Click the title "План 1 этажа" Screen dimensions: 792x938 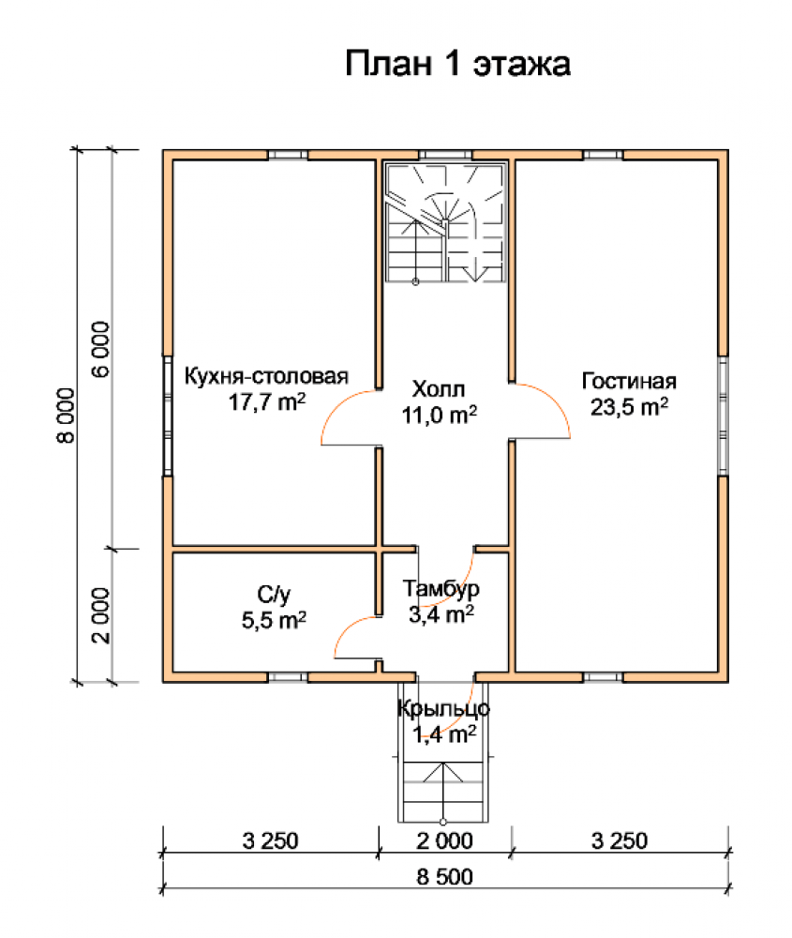[x=458, y=64]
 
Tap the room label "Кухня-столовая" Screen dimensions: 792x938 [x=266, y=376]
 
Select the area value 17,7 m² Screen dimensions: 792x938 [x=266, y=401]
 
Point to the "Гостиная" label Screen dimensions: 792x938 [x=629, y=381]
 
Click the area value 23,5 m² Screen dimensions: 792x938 [x=629, y=407]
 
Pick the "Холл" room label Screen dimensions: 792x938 [x=438, y=389]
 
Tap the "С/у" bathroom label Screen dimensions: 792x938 [x=274, y=595]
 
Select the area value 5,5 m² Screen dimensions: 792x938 [x=274, y=620]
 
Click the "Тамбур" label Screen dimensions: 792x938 [x=441, y=589]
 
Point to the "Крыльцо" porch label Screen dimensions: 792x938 [x=443, y=708]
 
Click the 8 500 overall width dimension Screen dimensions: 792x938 [x=444, y=877]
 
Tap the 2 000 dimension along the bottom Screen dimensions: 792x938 [x=444, y=840]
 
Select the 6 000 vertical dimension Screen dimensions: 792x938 [x=100, y=349]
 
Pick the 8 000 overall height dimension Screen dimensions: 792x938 [x=66, y=416]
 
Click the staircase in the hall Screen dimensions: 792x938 [x=445, y=222]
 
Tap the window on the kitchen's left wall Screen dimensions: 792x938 [x=168, y=416]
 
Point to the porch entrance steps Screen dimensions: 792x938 [x=443, y=791]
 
